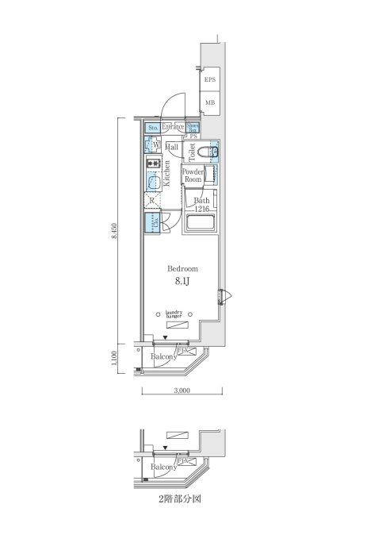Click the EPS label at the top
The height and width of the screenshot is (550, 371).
tap(209, 80)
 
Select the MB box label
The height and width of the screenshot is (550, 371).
tap(209, 102)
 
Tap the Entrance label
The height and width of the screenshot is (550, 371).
tap(173, 127)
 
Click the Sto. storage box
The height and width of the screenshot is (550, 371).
tap(152, 127)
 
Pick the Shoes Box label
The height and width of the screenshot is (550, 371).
tap(193, 127)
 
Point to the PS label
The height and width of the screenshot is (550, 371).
tap(193, 137)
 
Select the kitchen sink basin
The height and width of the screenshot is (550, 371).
tap(151, 182)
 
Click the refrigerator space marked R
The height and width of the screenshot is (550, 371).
tap(151, 200)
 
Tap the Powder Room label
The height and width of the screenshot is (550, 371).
tap(193, 175)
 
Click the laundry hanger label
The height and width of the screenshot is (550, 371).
tap(174, 313)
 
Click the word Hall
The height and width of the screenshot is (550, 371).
tap(172, 148)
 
